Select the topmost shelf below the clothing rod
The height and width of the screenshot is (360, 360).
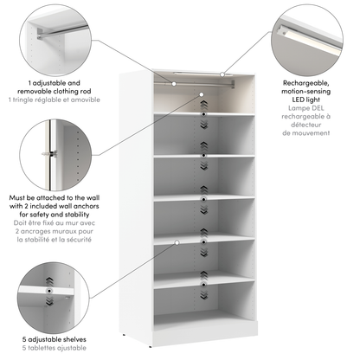tap(205, 113)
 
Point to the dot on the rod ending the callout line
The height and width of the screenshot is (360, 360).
tap(175, 82)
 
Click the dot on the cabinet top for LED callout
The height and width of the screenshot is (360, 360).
tap(222, 74)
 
